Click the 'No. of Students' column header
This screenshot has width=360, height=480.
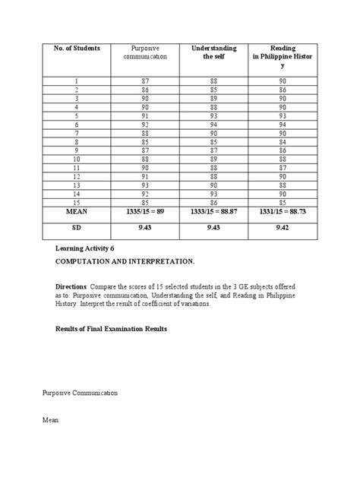(76, 49)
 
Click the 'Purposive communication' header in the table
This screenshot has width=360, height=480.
(144, 52)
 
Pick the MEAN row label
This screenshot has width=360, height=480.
(76, 215)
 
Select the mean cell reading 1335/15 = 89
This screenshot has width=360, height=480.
(144, 215)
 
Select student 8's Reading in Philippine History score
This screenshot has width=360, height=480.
(282, 141)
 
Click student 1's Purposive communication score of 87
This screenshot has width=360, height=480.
(144, 81)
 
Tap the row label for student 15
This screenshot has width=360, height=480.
(76, 202)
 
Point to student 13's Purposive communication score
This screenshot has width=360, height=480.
(144, 185)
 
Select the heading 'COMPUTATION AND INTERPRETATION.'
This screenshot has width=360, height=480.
(123, 261)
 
